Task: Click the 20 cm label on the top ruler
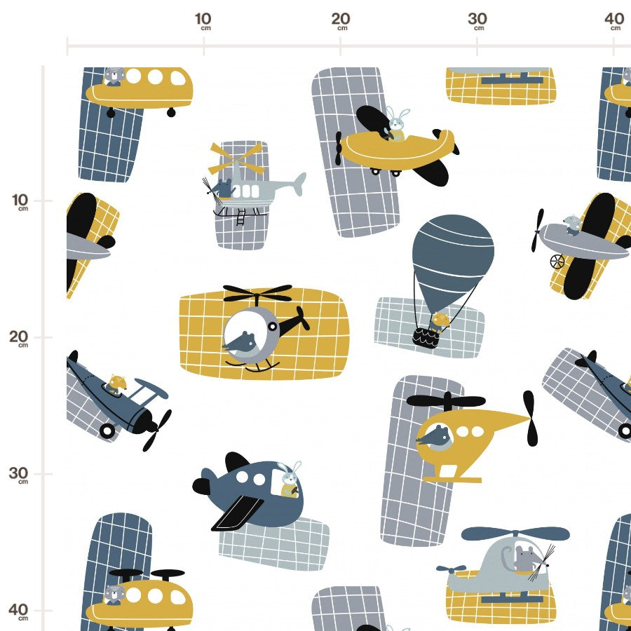pyautogui.click(x=341, y=21)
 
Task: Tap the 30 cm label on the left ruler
pyautogui.click(x=18, y=475)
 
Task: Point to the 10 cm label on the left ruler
pyautogui.click(x=20, y=202)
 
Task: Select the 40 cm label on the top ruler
pyautogui.click(x=614, y=21)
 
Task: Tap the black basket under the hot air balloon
pyautogui.click(x=426, y=338)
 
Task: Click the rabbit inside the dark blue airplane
pyautogui.click(x=290, y=480)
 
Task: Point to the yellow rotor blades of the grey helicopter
pyautogui.click(x=236, y=158)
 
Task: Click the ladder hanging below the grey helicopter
pyautogui.click(x=240, y=217)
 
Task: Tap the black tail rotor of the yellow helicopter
pyautogui.click(x=531, y=418)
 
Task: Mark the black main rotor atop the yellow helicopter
pyautogui.click(x=447, y=401)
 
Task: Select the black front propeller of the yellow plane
pyautogui.click(x=339, y=148)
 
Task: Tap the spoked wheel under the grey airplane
pyautogui.click(x=557, y=262)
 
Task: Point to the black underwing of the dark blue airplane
pyautogui.click(x=238, y=513)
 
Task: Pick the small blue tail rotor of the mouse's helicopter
pyautogui.click(x=451, y=569)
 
